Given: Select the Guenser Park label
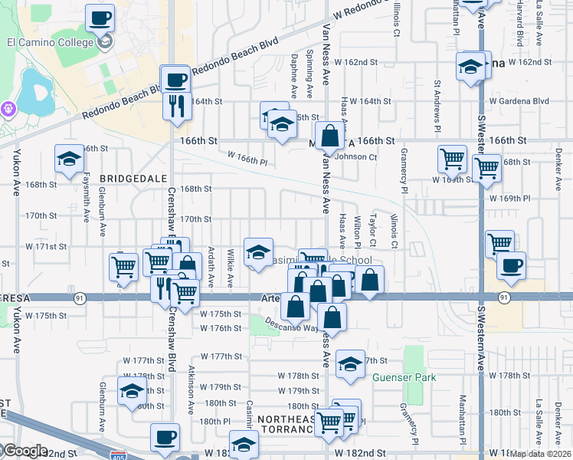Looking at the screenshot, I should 404,378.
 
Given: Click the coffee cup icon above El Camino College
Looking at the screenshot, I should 100,17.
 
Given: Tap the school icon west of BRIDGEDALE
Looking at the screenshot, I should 69,159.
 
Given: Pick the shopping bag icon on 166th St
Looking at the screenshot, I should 329,136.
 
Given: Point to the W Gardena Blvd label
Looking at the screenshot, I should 519,101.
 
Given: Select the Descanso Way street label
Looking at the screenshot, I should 291,326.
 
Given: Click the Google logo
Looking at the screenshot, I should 25,451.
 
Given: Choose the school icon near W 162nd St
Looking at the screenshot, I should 470,67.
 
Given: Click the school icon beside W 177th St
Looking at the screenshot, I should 350,364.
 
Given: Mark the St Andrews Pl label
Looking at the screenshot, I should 437,103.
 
